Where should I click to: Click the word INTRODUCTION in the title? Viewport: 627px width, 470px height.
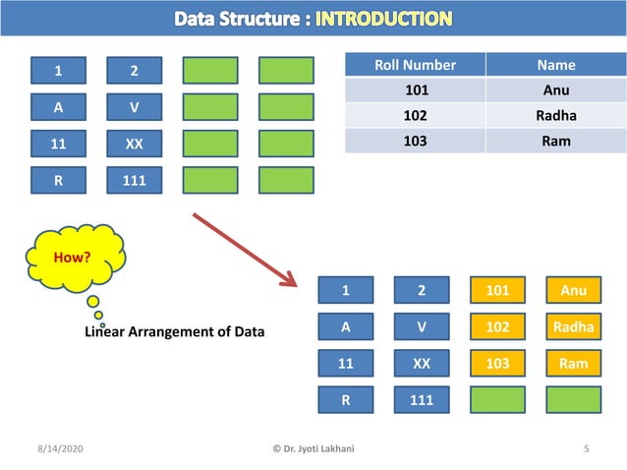coord(384,19)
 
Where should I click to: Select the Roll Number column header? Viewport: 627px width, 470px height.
coord(416,65)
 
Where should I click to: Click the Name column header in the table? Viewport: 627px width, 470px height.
coord(555,65)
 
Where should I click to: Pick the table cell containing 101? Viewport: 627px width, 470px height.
coord(416,90)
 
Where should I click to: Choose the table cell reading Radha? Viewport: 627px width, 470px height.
coord(555,116)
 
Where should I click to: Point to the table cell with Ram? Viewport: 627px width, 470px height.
coord(555,141)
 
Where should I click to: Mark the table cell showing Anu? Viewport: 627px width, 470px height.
coord(555,90)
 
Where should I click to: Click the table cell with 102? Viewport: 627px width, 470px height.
coord(416,116)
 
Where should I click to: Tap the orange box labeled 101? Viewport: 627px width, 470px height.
coord(497,290)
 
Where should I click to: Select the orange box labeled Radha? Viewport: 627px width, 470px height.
coord(573,326)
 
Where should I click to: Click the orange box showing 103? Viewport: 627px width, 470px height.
coord(497,363)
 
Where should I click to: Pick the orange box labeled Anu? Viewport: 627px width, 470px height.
coord(573,290)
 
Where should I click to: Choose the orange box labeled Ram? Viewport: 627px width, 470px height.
coord(573,363)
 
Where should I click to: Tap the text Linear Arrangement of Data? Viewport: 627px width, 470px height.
coord(175,331)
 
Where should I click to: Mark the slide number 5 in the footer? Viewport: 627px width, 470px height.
coord(586,449)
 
